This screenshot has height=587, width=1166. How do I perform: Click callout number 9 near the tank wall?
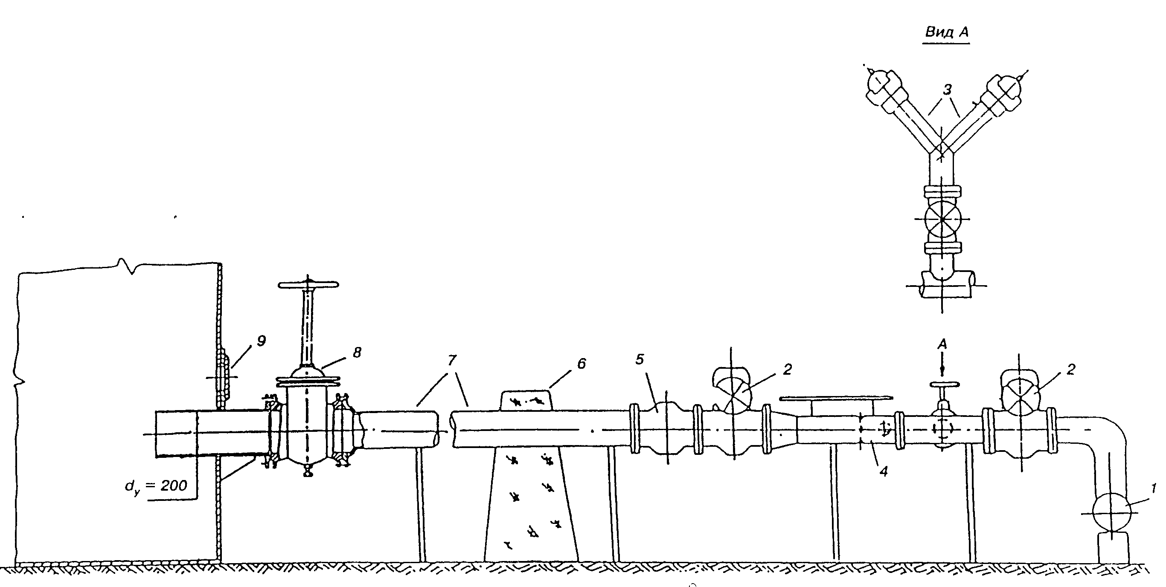[261, 341]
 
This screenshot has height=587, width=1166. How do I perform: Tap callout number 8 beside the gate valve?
[357, 353]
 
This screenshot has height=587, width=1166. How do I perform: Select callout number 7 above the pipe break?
[452, 361]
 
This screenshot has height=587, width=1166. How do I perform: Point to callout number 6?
[582, 363]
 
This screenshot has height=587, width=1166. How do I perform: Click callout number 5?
[639, 359]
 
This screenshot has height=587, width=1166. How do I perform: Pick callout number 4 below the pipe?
[884, 471]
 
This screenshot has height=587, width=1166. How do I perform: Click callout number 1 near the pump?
[1154, 488]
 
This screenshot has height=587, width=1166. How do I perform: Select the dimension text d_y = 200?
[156, 486]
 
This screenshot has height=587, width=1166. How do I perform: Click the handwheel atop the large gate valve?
[308, 285]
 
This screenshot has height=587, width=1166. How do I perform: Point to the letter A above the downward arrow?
[942, 344]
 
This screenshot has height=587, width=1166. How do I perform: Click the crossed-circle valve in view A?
[942, 220]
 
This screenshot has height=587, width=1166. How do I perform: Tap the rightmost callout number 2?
[1070, 370]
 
